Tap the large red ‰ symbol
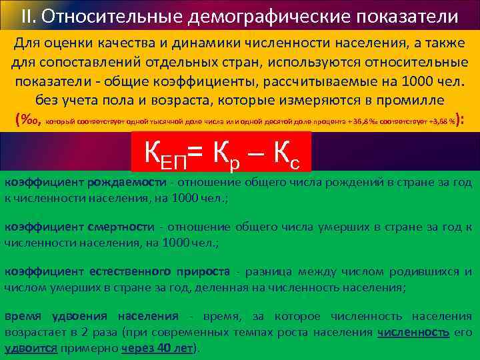(x=29, y=121)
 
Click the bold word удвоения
(x=73, y=316)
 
